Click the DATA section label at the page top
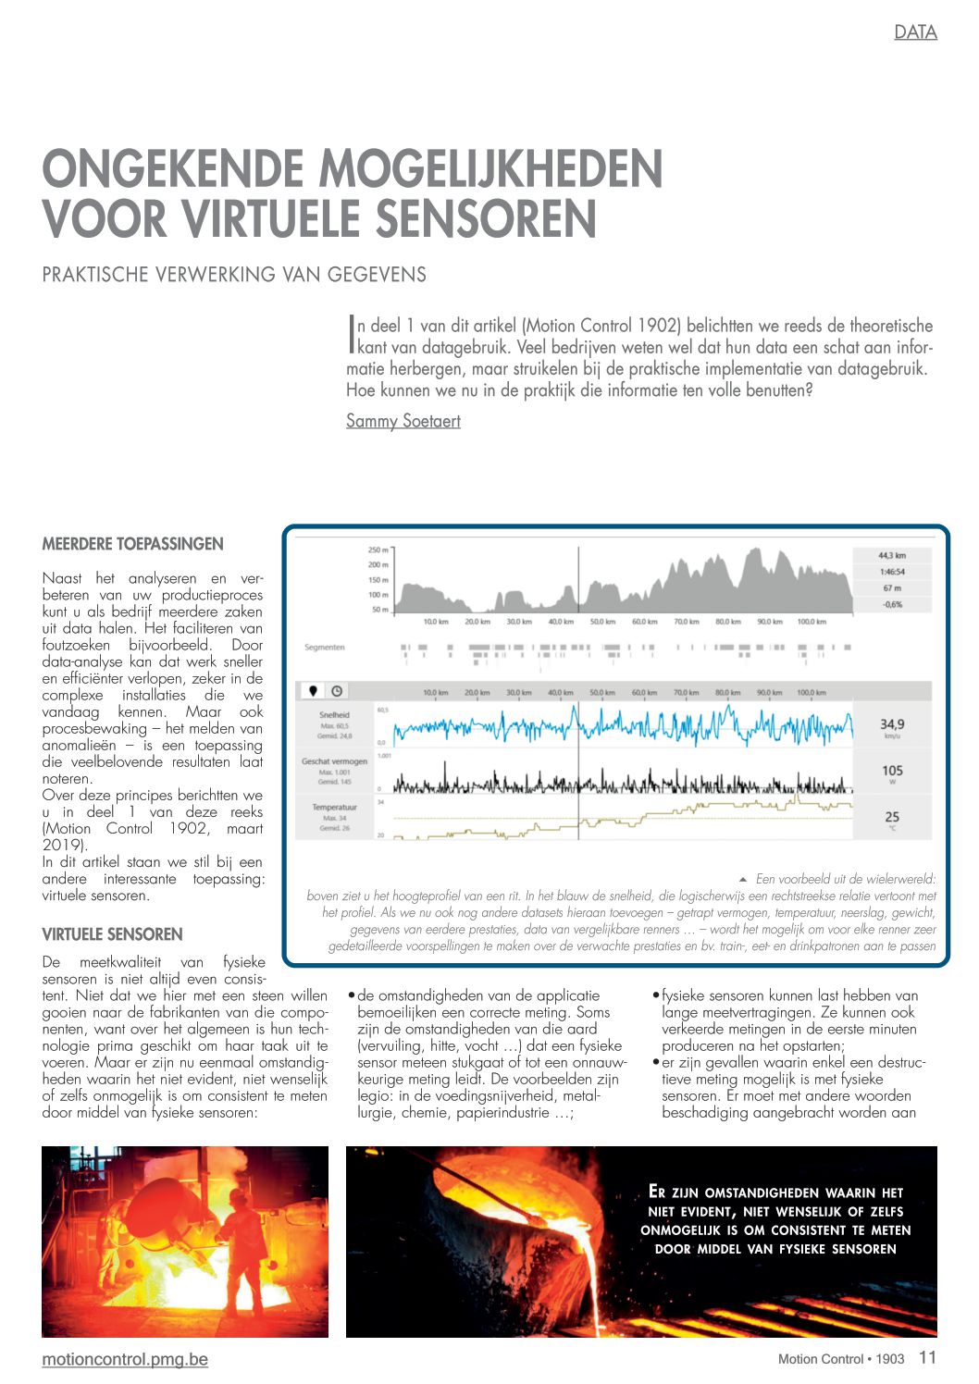[x=915, y=32]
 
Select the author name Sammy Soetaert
[x=403, y=421]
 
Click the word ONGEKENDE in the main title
[x=173, y=170]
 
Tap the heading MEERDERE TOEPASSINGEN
[x=132, y=544]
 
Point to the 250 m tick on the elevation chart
[x=378, y=550]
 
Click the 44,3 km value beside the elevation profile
[x=891, y=555]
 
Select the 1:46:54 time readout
[x=891, y=572]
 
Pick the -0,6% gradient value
[x=891, y=604]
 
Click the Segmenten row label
[x=324, y=648]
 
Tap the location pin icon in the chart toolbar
[x=313, y=691]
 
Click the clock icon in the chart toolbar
[x=337, y=691]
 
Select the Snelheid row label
[x=334, y=715]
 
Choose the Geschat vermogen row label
[x=334, y=761]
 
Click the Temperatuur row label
[x=334, y=808]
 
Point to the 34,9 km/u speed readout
[x=892, y=725]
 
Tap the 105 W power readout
[x=892, y=771]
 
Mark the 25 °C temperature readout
[x=892, y=817]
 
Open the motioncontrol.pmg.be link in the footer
[x=125, y=1359]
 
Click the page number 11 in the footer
[x=927, y=1357]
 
